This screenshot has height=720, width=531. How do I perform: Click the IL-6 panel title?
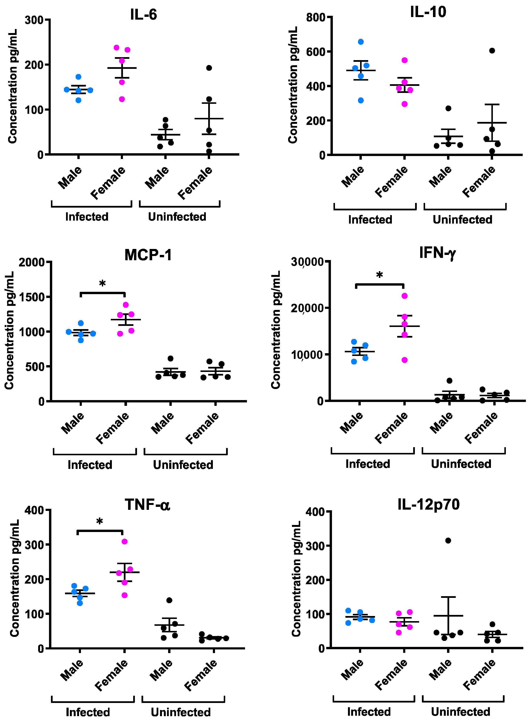tap(143, 15)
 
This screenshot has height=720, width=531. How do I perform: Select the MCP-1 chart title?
tap(148, 255)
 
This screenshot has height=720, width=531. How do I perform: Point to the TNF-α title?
tap(147, 504)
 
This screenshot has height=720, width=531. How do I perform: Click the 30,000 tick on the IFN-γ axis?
tap(307, 262)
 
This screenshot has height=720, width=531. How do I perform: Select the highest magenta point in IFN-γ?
tap(404, 296)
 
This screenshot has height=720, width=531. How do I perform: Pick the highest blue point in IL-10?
tap(361, 42)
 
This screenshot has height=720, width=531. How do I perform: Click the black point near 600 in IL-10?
tap(492, 51)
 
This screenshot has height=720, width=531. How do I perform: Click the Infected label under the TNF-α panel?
tap(88, 712)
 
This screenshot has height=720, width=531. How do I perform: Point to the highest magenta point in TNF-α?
tap(124, 542)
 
